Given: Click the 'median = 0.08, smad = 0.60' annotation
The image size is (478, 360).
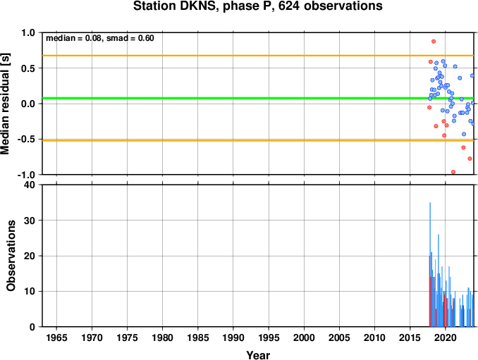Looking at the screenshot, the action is click(100, 38).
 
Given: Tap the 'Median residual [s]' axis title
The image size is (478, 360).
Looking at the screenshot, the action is click(5, 104).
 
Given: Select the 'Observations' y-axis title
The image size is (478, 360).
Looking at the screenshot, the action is click(11, 256).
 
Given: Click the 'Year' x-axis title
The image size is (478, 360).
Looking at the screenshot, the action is click(258, 355).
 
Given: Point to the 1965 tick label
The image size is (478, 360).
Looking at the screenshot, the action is click(56, 337).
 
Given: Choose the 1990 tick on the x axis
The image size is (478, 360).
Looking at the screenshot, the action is click(233, 337).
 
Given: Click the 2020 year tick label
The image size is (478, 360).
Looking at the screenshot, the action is click(446, 337).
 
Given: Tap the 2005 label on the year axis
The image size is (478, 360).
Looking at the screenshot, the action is click(339, 337).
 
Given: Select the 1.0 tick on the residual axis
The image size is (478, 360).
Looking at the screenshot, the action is click(28, 32).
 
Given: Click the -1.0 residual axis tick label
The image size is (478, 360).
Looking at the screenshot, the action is click(26, 175).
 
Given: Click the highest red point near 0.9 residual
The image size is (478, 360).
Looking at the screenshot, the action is click(434, 42).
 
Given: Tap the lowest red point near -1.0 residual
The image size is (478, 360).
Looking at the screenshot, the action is click(453, 172).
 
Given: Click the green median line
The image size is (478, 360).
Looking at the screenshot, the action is click(258, 98).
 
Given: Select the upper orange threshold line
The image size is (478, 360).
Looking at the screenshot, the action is click(258, 56).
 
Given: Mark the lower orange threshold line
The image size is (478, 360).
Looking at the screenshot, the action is click(258, 140).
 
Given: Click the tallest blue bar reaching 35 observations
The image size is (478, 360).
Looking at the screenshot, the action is click(430, 264).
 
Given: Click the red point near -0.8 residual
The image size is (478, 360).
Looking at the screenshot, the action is click(470, 159).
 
